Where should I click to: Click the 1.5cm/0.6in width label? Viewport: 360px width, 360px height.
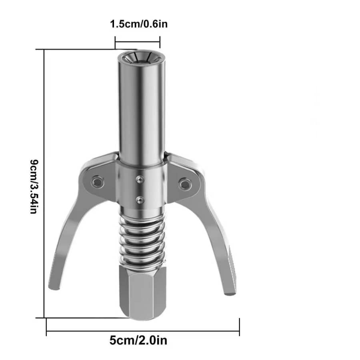click(139, 24)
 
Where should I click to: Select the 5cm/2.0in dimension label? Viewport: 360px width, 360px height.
click(138, 341)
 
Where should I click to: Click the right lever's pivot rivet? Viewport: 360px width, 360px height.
click(184, 184)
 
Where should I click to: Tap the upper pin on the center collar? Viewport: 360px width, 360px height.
click(138, 180)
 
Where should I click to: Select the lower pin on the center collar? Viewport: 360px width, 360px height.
click(139, 199)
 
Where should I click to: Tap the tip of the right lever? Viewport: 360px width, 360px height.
click(230, 294)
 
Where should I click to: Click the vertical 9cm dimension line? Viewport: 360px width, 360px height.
click(44, 184)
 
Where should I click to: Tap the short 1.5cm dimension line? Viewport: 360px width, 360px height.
click(137, 40)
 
